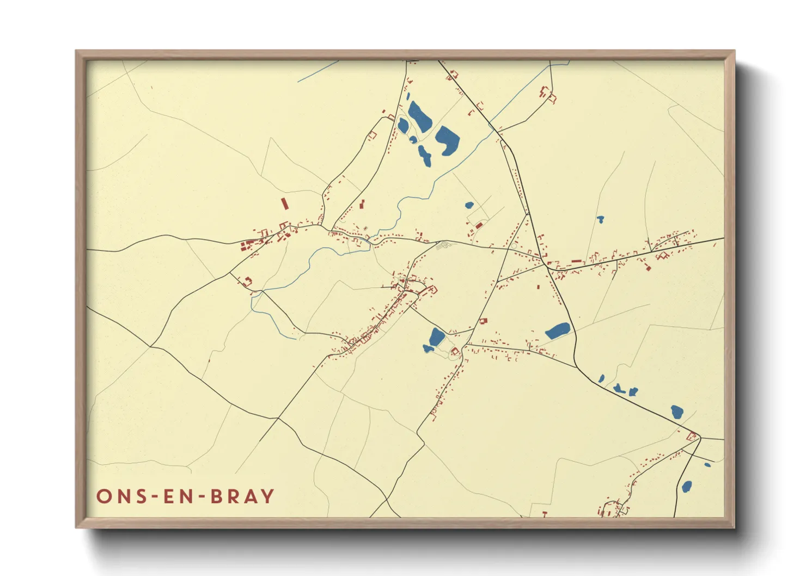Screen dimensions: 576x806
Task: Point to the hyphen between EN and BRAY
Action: click(x=204, y=497)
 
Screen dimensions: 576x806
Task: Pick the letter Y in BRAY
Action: click(x=267, y=497)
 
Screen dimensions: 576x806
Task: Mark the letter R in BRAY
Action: click(x=233, y=497)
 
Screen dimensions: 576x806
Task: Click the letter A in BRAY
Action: click(x=250, y=497)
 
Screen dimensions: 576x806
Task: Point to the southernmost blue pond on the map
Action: click(x=687, y=486)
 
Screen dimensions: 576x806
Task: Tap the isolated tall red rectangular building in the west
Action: click(x=284, y=204)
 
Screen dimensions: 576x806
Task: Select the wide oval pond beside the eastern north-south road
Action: click(x=558, y=330)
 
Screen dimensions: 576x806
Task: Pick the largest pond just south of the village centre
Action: click(x=437, y=337)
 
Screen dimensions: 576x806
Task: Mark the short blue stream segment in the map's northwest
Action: click(x=318, y=72)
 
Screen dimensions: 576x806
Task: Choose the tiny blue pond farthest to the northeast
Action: click(x=600, y=219)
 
